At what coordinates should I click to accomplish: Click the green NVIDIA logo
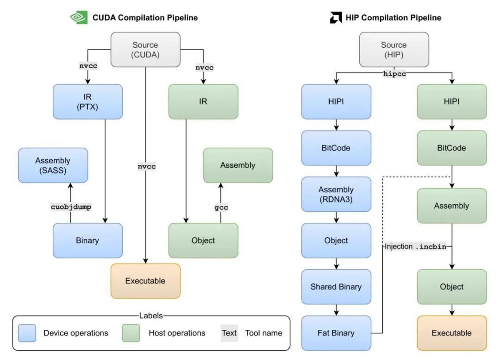click(x=79, y=18)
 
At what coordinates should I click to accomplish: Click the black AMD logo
click(x=336, y=18)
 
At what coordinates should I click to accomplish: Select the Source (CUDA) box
click(x=145, y=50)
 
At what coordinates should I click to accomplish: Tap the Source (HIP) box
click(x=394, y=50)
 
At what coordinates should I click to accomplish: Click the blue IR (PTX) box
click(x=87, y=101)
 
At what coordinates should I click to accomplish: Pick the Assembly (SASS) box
click(x=53, y=165)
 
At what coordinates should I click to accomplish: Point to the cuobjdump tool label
click(x=71, y=207)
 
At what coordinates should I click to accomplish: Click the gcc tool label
click(x=221, y=208)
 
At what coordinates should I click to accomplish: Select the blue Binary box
click(x=87, y=240)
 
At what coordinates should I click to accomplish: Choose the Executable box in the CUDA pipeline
click(x=145, y=281)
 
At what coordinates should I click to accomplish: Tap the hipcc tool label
click(x=395, y=73)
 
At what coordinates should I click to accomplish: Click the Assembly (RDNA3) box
click(x=336, y=194)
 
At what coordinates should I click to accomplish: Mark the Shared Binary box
click(x=336, y=287)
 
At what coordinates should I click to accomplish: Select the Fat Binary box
click(x=336, y=333)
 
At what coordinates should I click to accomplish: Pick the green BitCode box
click(x=452, y=148)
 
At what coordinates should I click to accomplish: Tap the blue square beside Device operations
click(x=27, y=333)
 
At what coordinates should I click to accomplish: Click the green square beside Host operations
click(x=131, y=333)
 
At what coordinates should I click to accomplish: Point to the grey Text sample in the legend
click(x=229, y=333)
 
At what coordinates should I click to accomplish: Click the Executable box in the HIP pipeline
click(x=452, y=333)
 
